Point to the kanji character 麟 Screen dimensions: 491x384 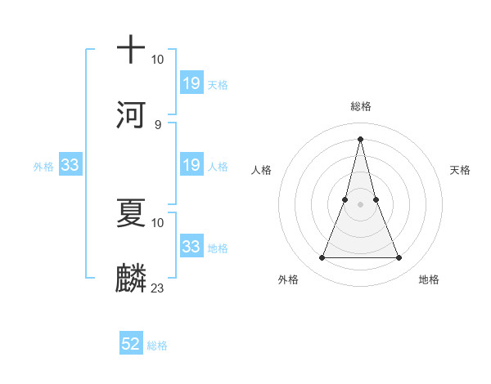(x=131, y=276)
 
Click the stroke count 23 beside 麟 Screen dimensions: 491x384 (x=158, y=288)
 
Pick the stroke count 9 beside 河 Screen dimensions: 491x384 (x=158, y=124)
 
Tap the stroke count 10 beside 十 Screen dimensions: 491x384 (x=158, y=60)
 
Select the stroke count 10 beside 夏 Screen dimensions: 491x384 (x=158, y=222)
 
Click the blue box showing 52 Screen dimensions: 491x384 (x=131, y=344)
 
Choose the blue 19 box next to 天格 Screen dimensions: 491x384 (x=191, y=83)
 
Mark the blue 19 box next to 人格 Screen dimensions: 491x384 (x=191, y=165)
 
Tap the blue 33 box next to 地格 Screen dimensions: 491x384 (x=191, y=246)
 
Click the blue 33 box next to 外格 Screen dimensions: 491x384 (x=70, y=165)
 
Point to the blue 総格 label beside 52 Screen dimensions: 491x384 (x=157, y=346)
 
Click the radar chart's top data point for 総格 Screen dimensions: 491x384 (x=360, y=138)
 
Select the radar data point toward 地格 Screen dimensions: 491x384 (x=399, y=258)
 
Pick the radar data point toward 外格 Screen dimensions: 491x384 (x=322, y=258)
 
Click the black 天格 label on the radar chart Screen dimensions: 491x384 (x=460, y=170)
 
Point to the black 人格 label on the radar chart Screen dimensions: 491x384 (x=261, y=170)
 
